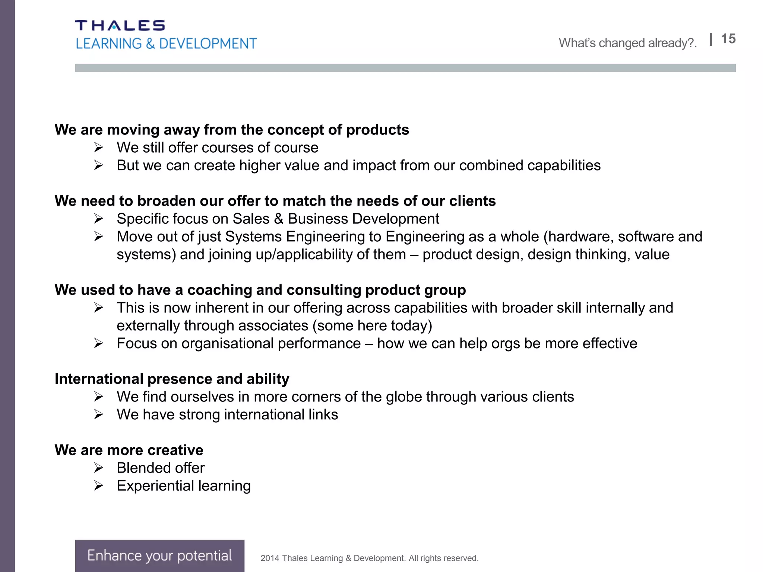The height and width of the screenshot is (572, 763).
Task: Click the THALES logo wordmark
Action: click(x=120, y=25)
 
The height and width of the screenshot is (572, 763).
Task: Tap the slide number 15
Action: click(x=728, y=39)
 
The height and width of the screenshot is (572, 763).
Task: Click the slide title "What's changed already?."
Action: click(x=627, y=43)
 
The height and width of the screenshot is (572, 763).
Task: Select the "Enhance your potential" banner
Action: click(x=159, y=555)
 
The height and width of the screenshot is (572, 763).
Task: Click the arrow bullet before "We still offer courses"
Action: click(x=98, y=148)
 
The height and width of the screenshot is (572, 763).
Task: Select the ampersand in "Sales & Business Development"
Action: click(x=278, y=219)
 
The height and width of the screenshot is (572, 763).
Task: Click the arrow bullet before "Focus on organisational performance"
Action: click(x=98, y=343)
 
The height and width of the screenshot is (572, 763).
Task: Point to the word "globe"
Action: click(x=404, y=397)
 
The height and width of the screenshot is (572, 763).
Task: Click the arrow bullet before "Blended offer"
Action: click(x=98, y=468)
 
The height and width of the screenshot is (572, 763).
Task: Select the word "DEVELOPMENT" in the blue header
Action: click(x=208, y=44)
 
